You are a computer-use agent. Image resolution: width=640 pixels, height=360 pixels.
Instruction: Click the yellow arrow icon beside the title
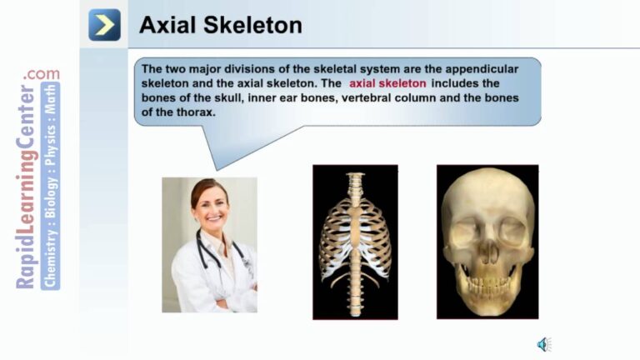tap(104, 25)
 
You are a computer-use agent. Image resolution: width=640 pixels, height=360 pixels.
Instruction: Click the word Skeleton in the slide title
tap(251, 26)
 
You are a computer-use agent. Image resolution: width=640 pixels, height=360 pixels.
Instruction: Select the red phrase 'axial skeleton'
tap(387, 84)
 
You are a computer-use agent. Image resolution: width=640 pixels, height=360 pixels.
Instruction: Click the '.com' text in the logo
tap(42, 74)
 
